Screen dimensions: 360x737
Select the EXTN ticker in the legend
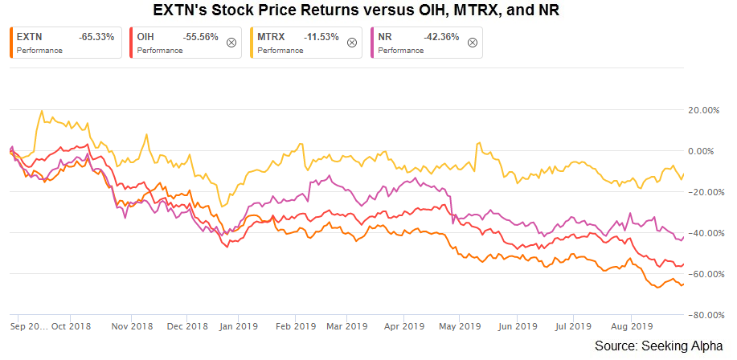(27, 37)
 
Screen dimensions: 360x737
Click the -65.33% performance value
(96, 37)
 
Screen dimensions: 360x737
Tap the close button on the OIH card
(231, 43)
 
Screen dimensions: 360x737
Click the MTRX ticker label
(271, 37)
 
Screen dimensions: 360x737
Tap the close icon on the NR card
(472, 43)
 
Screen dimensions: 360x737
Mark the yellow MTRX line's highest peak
(41, 112)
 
